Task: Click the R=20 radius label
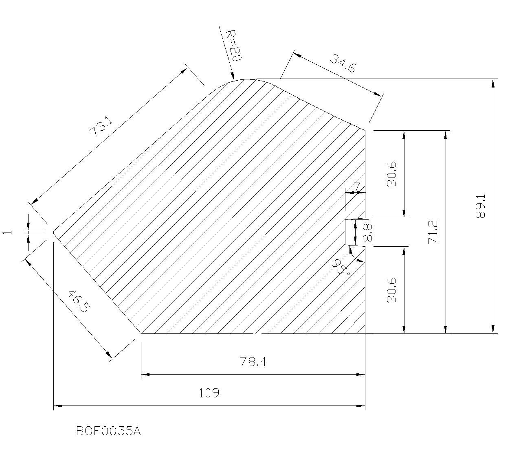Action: click(234, 46)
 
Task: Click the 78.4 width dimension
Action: click(253, 362)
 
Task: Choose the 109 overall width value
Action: click(209, 393)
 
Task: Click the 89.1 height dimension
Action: click(480, 206)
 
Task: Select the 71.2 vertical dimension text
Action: click(433, 232)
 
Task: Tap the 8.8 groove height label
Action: click(367, 232)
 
